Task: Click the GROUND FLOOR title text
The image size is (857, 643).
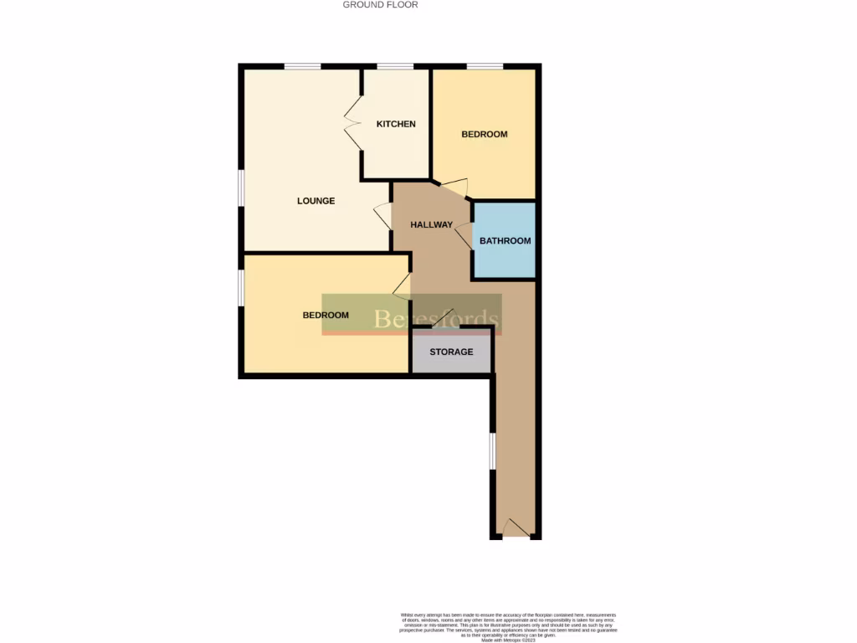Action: pyautogui.click(x=380, y=5)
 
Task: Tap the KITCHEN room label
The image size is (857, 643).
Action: pyautogui.click(x=396, y=124)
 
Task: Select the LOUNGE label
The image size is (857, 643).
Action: pyautogui.click(x=316, y=201)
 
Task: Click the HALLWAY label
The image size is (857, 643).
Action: pyautogui.click(x=431, y=224)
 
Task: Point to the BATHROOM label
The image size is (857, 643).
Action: pyautogui.click(x=505, y=241)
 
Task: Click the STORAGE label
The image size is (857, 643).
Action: pyautogui.click(x=451, y=352)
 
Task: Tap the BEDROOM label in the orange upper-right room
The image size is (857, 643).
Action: pyautogui.click(x=485, y=134)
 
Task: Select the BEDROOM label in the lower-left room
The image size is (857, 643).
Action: pyautogui.click(x=326, y=315)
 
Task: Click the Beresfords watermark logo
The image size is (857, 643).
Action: pyautogui.click(x=412, y=315)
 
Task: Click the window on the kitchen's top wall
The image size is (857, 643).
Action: pyautogui.click(x=395, y=66)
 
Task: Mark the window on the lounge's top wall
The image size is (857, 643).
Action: pyautogui.click(x=302, y=66)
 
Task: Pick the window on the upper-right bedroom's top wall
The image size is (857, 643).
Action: pyautogui.click(x=485, y=66)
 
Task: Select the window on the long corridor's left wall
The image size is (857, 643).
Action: pyautogui.click(x=492, y=452)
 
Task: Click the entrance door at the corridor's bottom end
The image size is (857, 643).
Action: pyautogui.click(x=516, y=529)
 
